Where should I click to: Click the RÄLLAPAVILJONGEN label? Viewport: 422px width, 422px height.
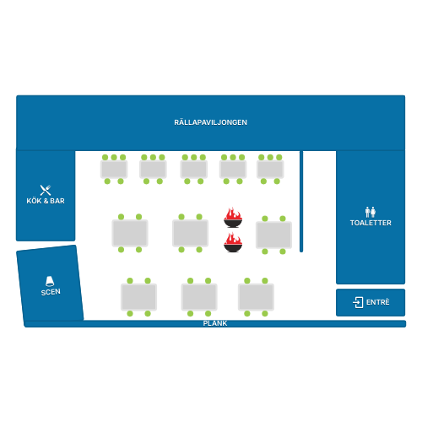pyautogui.click(x=210, y=122)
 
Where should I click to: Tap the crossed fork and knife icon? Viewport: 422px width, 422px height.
pyautogui.click(x=46, y=190)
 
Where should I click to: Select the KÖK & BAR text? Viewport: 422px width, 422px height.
pyautogui.click(x=46, y=201)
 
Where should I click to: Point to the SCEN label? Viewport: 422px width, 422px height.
pyautogui.click(x=51, y=292)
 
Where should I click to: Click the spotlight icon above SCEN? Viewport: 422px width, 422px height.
pyautogui.click(x=50, y=281)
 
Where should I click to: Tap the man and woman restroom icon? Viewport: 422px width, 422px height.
pyautogui.click(x=371, y=212)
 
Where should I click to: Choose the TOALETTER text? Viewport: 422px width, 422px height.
pyautogui.click(x=371, y=223)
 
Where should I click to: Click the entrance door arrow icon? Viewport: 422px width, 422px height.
pyautogui.click(x=358, y=302)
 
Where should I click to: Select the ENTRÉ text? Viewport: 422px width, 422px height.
pyautogui.click(x=378, y=302)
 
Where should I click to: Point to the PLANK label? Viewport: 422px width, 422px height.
pyautogui.click(x=215, y=323)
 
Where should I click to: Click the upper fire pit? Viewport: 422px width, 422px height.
pyautogui.click(x=233, y=218)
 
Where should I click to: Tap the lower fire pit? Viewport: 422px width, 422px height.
pyautogui.click(x=233, y=242)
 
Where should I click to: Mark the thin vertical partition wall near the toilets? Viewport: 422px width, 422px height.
pyautogui.click(x=301, y=202)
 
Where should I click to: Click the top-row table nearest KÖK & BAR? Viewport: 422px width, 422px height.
pyautogui.click(x=114, y=169)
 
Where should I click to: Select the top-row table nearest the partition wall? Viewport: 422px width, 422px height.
pyautogui.click(x=270, y=169)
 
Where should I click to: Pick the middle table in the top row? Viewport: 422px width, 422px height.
pyautogui.click(x=194, y=169)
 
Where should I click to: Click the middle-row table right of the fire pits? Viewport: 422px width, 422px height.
pyautogui.click(x=273, y=235)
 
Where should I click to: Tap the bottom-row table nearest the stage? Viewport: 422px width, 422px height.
pyautogui.click(x=138, y=297)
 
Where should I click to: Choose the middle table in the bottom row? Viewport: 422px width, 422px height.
pyautogui.click(x=199, y=297)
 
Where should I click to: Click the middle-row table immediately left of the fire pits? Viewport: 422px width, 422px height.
pyautogui.click(x=190, y=233)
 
